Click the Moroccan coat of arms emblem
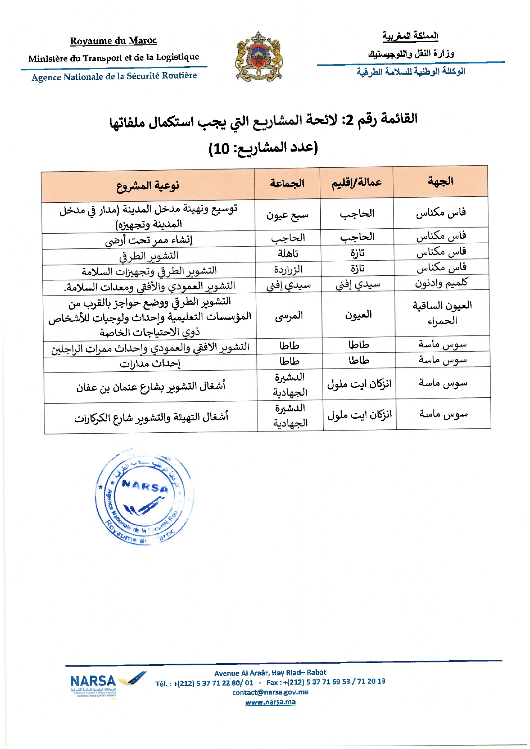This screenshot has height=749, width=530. click(258, 57)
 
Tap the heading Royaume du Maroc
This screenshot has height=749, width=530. click(113, 41)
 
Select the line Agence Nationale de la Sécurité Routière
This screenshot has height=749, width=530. click(114, 76)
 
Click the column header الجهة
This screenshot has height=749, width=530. click(440, 181)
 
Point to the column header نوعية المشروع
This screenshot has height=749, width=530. click(148, 186)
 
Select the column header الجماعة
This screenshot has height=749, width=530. click(287, 184)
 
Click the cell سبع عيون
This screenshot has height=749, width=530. click(287, 216)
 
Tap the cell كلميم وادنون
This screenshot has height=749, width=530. click(441, 283)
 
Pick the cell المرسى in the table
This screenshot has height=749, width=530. click(289, 316)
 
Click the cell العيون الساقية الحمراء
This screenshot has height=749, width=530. click(442, 313)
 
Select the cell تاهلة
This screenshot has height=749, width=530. click(288, 254)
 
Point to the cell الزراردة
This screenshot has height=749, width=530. click(288, 270)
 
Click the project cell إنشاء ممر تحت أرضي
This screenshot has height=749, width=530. click(149, 240)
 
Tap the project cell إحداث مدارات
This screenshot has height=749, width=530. click(150, 363)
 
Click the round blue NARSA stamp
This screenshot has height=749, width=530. click(143, 497)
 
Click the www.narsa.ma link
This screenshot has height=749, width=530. click(270, 702)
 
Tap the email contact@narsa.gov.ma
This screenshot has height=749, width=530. click(270, 692)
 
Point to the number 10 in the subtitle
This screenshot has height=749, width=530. click(221, 149)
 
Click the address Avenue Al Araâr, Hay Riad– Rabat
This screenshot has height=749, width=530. click(270, 673)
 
